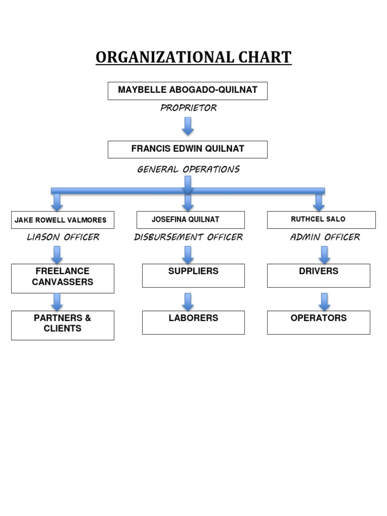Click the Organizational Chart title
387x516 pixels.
pos(193,57)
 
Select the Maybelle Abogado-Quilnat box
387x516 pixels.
pos(187,91)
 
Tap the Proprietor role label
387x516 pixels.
pos(188,108)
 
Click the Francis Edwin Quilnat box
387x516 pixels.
pos(187,149)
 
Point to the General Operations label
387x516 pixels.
pos(188,169)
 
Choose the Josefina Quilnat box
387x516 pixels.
pos(190,220)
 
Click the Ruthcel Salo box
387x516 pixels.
pos(321,220)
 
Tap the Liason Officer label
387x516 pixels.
pos(63,237)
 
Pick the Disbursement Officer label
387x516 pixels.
pos(188,237)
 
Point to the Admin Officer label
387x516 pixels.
pos(325,237)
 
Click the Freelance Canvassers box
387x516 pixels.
pos(62,278)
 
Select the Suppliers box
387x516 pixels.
pos(193,275)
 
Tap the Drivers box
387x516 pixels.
pos(318,275)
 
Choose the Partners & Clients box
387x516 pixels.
pos(62,325)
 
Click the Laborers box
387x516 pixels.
pos(193,322)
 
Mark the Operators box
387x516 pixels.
pos(318,322)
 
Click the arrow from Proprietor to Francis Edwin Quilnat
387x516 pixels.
pos(188,126)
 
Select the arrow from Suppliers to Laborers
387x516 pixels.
pos(188,301)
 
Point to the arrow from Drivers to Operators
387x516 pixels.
pos(325,301)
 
